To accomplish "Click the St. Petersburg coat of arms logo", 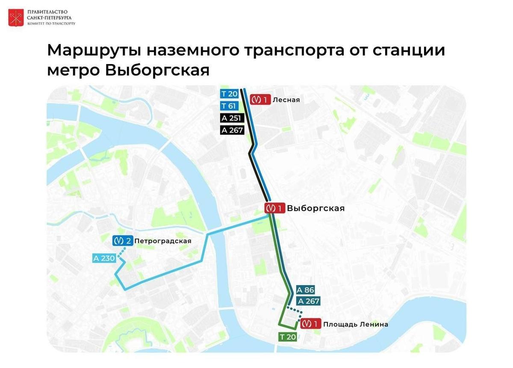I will click(16, 18).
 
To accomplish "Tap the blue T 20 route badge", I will click(229, 94).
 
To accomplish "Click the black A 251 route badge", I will click(232, 118).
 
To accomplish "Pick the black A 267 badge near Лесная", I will click(232, 130).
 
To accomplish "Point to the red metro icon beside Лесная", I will click(260, 100).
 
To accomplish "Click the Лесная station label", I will click(286, 100).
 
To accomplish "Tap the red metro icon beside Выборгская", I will click(274, 209).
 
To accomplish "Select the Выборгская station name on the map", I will click(315, 209).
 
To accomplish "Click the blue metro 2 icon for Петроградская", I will click(122, 241).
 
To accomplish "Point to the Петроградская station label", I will click(162, 241).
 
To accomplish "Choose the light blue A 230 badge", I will click(104, 258).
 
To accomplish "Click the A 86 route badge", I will click(305, 290).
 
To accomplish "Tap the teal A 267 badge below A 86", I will click(309, 301).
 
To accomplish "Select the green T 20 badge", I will click(288, 337).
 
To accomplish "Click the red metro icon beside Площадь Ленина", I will click(311, 324).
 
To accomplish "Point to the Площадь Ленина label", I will click(356, 324).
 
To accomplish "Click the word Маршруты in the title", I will click(93, 50).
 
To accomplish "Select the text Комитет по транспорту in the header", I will click(51, 24).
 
